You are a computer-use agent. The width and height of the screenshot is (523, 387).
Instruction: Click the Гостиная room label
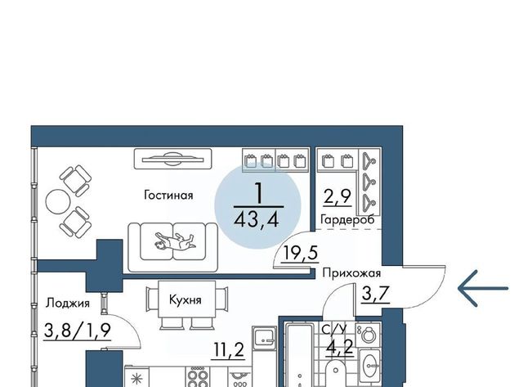click(x=168, y=195)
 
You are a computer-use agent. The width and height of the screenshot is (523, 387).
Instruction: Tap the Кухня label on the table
click(x=186, y=299)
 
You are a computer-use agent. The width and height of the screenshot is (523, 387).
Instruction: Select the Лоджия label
click(x=68, y=303)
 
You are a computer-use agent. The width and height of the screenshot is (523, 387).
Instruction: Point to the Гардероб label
click(x=347, y=220)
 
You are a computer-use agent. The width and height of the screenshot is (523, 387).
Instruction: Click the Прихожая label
click(x=351, y=273)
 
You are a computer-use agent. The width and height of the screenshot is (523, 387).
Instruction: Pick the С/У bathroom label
click(x=334, y=329)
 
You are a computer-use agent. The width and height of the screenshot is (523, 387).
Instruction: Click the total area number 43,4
click(x=256, y=220)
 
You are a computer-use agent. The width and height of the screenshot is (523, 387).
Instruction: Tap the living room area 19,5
click(x=300, y=253)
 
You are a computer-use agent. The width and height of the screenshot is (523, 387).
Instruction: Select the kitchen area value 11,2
click(x=229, y=351)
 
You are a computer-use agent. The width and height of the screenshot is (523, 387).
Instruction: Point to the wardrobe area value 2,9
click(x=337, y=196)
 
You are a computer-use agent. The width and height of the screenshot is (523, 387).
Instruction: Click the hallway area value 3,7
click(x=376, y=294)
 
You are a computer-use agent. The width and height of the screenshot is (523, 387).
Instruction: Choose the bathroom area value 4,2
click(x=340, y=348)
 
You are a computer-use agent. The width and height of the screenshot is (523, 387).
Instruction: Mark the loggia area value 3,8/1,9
click(x=77, y=331)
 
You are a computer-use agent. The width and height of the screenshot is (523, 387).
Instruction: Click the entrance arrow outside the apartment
click(x=483, y=288)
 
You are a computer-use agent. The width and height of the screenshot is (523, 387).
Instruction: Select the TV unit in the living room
click(x=172, y=159)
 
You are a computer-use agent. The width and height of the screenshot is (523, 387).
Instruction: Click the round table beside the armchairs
click(x=58, y=201)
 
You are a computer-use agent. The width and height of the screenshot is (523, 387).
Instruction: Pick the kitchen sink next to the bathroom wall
click(x=264, y=338)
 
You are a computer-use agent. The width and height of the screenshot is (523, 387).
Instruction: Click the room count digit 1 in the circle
click(x=258, y=193)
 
